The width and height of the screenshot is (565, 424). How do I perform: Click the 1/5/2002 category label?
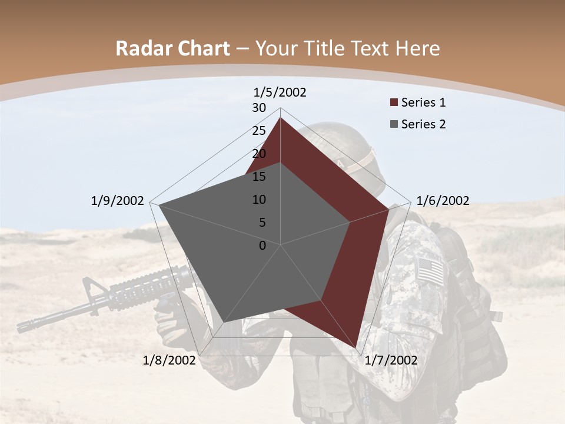tap(280, 92)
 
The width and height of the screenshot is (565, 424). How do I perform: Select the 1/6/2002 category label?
tap(443, 201)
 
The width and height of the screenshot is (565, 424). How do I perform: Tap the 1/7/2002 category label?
tap(391, 360)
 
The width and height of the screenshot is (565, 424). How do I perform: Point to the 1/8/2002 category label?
tap(169, 360)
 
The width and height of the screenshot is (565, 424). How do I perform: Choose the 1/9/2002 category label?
tap(118, 201)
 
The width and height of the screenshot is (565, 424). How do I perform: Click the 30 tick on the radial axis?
tap(259, 108)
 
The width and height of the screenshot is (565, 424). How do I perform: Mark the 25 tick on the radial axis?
tap(259, 131)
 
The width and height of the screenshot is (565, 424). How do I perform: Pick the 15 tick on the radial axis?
tap(259, 177)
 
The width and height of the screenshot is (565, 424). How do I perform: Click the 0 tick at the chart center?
tap(262, 246)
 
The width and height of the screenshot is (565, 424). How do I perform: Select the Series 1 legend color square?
tap(394, 103)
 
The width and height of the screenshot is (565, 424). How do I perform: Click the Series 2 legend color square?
tap(394, 124)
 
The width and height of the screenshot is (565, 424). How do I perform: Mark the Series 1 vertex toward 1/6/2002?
tap(389, 209)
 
